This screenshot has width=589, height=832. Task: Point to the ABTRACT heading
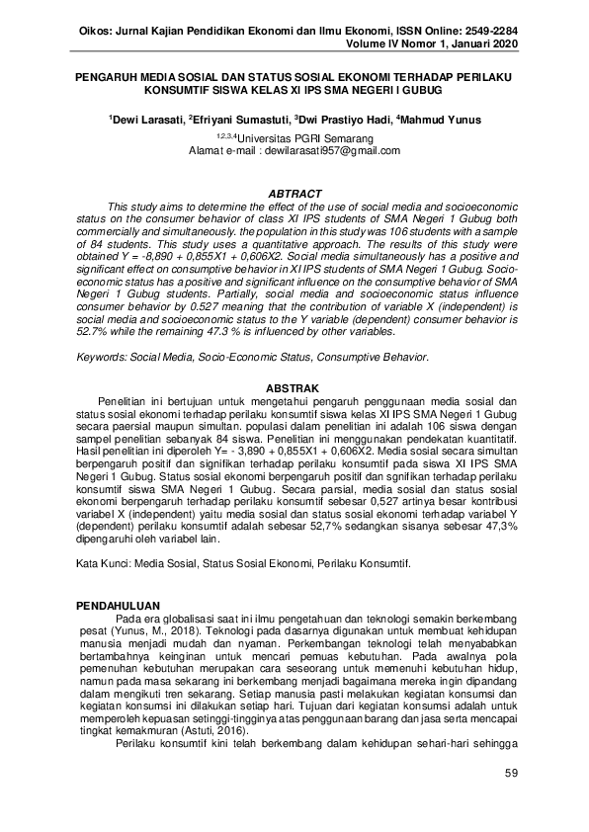pos(294,193)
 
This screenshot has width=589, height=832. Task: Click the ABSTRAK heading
pos(294,388)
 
